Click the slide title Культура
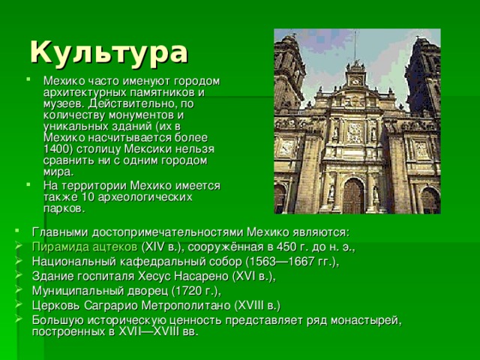pos(109,52)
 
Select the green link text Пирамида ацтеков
pos(84,247)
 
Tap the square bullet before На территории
pos(28,185)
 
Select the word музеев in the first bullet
pos(61,103)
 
